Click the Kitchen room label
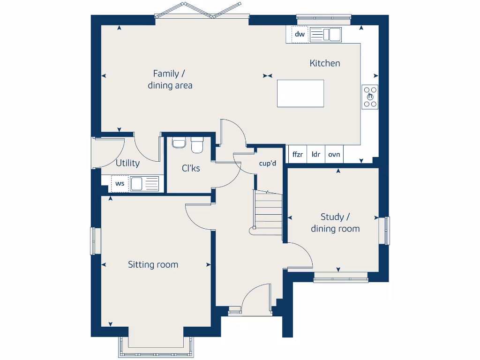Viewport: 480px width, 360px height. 325,63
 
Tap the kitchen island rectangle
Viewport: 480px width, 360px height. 300,93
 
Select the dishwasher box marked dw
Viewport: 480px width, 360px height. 300,34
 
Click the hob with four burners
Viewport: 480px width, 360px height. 370,97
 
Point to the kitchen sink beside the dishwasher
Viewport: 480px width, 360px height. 325,35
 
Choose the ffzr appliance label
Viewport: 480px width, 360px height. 297,154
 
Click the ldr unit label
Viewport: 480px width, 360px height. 316,154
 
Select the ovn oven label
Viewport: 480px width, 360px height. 334,154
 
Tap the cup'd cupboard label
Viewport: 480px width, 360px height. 268,164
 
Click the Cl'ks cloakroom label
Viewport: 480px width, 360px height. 191,168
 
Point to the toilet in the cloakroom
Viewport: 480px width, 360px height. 197,145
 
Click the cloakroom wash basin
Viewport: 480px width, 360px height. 179,142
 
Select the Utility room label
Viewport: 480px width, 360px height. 127,163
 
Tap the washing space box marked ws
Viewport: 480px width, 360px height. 120,183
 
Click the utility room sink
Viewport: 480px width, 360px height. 144,183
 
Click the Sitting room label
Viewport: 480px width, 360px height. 153,265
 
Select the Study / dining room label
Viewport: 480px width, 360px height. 335,223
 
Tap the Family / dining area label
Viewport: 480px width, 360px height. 170,79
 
